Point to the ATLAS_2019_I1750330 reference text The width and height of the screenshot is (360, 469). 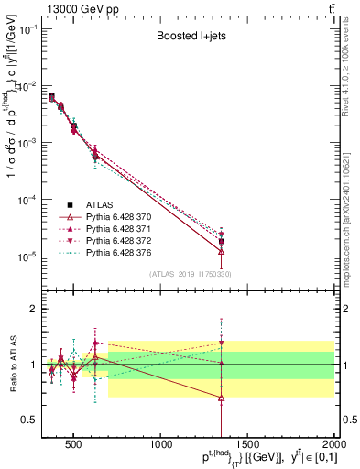191,274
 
